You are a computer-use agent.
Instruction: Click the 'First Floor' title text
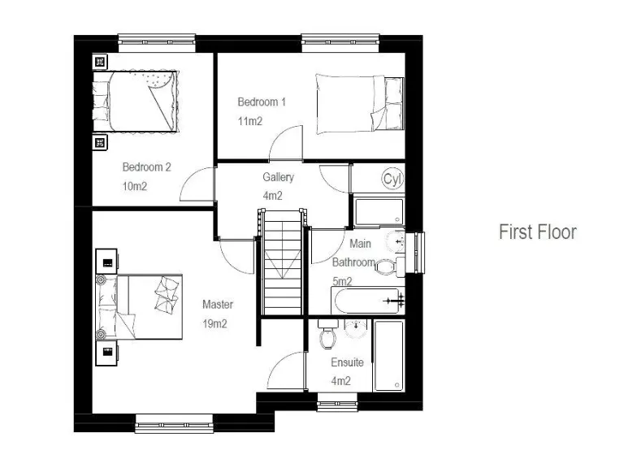click(x=537, y=232)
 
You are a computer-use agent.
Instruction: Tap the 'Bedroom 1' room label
click(x=262, y=102)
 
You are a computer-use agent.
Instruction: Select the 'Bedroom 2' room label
click(x=146, y=167)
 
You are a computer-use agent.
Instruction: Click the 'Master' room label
click(x=218, y=305)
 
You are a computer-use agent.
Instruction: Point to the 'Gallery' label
click(x=278, y=177)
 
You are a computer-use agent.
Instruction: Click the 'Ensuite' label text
click(x=347, y=362)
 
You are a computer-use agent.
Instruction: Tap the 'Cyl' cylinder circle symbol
click(x=392, y=179)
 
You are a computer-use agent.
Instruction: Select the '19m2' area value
click(x=214, y=323)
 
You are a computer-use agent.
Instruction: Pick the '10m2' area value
click(x=136, y=186)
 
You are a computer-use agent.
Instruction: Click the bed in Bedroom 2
click(x=136, y=100)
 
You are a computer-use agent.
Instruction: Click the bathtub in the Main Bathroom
click(x=366, y=301)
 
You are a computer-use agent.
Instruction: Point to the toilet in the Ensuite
click(x=328, y=336)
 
